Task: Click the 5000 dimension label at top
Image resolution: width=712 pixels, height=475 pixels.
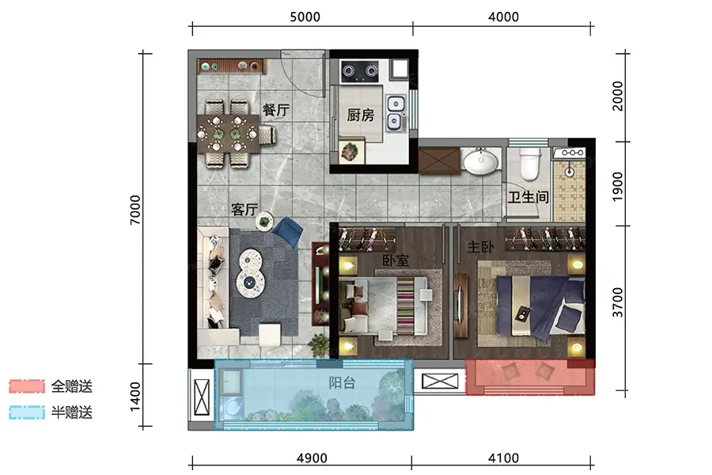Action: [x=305, y=17]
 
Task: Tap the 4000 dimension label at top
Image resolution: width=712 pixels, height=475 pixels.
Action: [x=503, y=17]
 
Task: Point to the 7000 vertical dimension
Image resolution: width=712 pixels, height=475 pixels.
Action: [x=135, y=210]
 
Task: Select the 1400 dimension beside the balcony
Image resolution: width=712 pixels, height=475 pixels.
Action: [x=135, y=397]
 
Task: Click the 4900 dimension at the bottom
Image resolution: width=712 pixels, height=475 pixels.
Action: [x=312, y=458]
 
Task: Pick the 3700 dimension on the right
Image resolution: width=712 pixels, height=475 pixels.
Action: [x=618, y=302]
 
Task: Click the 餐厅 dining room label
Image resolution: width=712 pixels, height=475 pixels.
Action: [x=275, y=109]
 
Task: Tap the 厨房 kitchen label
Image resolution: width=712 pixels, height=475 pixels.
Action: [x=361, y=115]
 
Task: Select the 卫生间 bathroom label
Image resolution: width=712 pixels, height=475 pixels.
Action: [x=528, y=197]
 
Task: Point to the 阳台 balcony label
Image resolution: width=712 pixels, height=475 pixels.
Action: [x=342, y=382]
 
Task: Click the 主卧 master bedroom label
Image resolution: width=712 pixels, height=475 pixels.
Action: [x=480, y=247]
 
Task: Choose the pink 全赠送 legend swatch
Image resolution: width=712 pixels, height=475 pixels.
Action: [x=27, y=386]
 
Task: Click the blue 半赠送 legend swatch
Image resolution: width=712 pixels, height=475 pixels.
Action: [x=27, y=412]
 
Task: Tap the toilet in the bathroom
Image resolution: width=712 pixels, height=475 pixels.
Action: [x=530, y=164]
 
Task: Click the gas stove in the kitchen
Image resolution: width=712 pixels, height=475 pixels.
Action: [x=360, y=71]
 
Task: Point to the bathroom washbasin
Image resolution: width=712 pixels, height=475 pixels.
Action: [x=480, y=161]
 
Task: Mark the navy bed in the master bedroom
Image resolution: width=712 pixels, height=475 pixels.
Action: [x=540, y=307]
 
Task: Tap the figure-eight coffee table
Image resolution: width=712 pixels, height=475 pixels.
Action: [x=250, y=272]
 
